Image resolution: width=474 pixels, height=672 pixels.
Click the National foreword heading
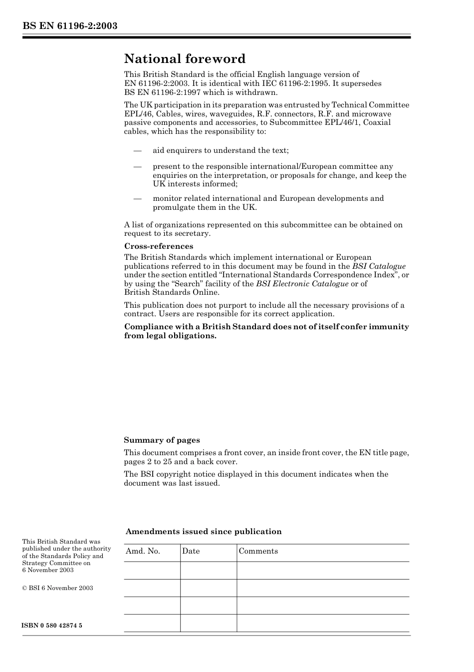point(185,59)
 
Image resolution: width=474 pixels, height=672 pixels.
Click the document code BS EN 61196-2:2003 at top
point(69,26)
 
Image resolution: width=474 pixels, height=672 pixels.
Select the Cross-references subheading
point(158,246)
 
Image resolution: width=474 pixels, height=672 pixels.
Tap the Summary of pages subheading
point(162,440)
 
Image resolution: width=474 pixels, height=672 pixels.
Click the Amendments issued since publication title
point(204,532)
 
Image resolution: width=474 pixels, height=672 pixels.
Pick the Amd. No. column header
point(143,551)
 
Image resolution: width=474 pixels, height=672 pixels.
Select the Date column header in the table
point(191,551)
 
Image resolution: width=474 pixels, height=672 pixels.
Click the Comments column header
point(258,551)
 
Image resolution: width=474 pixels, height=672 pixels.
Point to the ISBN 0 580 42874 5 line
point(52,626)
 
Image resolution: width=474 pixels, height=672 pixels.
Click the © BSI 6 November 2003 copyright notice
point(57,588)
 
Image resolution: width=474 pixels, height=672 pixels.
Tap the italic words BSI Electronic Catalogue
point(302,284)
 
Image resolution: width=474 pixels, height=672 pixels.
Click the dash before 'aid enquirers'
point(137,150)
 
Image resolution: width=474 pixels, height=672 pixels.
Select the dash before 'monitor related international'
point(137,198)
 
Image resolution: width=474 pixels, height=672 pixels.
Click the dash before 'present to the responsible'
point(137,166)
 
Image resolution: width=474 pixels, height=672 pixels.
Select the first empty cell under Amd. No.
point(152,571)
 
